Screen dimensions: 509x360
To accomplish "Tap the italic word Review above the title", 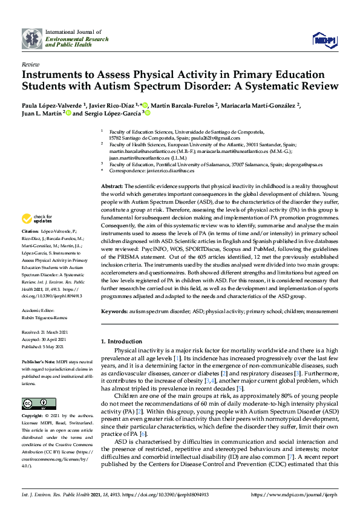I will pos(30,63).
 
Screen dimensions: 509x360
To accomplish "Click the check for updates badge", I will pos(36,218).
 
